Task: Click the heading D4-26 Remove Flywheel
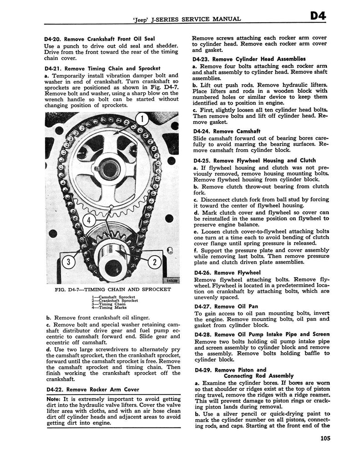pyautogui.click(x=221, y=273)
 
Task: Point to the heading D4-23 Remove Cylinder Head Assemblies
pyautogui.click(x=242, y=59)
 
